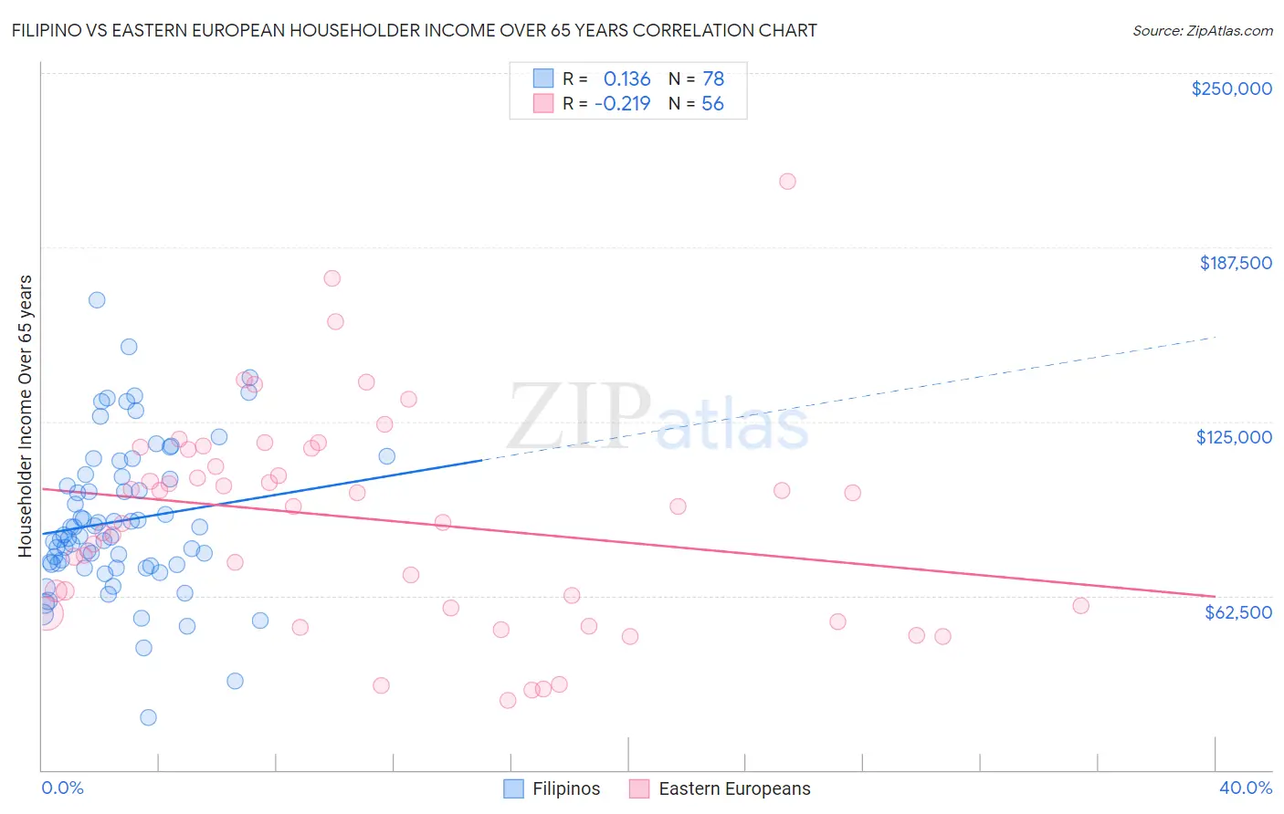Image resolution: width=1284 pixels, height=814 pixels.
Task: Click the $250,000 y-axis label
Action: [x=1231, y=89]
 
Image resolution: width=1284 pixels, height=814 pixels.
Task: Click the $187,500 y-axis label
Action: [x=1235, y=263]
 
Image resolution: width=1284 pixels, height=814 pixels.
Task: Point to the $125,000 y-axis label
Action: [x=1234, y=437]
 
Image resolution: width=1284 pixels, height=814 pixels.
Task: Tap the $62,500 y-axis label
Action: [x=1237, y=612]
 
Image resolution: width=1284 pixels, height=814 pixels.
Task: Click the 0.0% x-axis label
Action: [x=62, y=788]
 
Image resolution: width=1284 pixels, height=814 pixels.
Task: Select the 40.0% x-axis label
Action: [x=1245, y=788]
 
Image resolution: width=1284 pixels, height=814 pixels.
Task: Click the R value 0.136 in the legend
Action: [x=626, y=78]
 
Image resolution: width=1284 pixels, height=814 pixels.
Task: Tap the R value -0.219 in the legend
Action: [x=622, y=103]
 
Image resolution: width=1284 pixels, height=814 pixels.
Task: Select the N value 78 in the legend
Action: [x=712, y=78]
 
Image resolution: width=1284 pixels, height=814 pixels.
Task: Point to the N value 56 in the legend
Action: [x=712, y=103]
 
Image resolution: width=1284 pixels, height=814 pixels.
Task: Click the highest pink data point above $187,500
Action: [x=787, y=182]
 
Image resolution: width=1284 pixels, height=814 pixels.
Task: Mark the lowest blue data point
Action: [x=148, y=717]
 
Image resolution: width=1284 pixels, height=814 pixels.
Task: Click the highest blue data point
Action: [x=96, y=300]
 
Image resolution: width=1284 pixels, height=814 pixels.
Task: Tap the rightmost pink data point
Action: [x=1080, y=606]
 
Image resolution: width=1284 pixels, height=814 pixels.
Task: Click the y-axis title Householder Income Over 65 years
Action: [x=25, y=416]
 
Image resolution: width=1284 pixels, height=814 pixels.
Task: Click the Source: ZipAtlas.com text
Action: [x=1202, y=31]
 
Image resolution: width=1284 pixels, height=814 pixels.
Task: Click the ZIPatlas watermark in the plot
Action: [x=658, y=417]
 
